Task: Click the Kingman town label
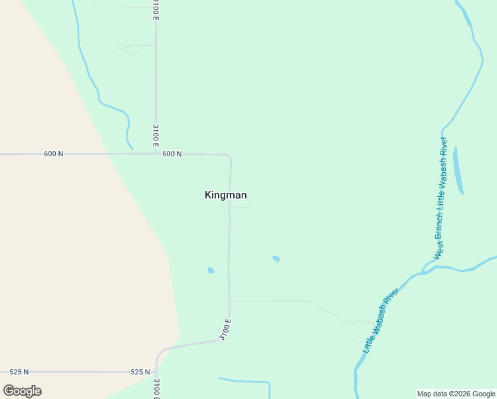tap(226, 195)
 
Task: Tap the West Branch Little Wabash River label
tap(441, 199)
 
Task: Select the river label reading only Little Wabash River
tap(381, 321)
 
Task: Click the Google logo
tap(22, 391)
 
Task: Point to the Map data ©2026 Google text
tap(456, 394)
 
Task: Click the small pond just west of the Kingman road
tap(211, 270)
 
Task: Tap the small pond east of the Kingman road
tap(276, 259)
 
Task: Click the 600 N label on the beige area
tap(54, 154)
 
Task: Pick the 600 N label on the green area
tap(171, 154)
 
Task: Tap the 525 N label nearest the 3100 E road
tap(140, 372)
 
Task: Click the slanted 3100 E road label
tap(225, 330)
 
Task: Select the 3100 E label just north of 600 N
tap(155, 136)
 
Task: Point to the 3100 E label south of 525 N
tap(157, 388)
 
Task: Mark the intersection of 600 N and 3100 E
tap(155, 154)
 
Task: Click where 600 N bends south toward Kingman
tap(230, 156)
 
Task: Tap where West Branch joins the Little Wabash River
tap(424, 272)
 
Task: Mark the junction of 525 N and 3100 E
tap(157, 372)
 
